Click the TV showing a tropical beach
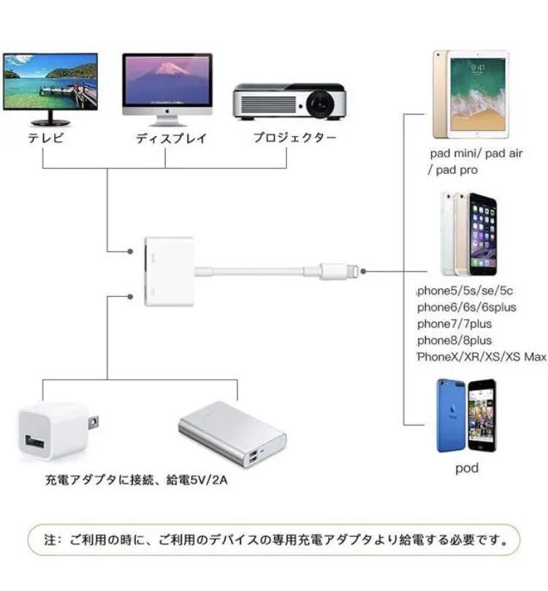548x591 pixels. click(50, 81)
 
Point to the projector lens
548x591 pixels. click(319, 104)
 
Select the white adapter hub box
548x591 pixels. click(170, 270)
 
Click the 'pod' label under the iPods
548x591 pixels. click(467, 468)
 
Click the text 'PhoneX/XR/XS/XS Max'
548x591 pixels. click(482, 356)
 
